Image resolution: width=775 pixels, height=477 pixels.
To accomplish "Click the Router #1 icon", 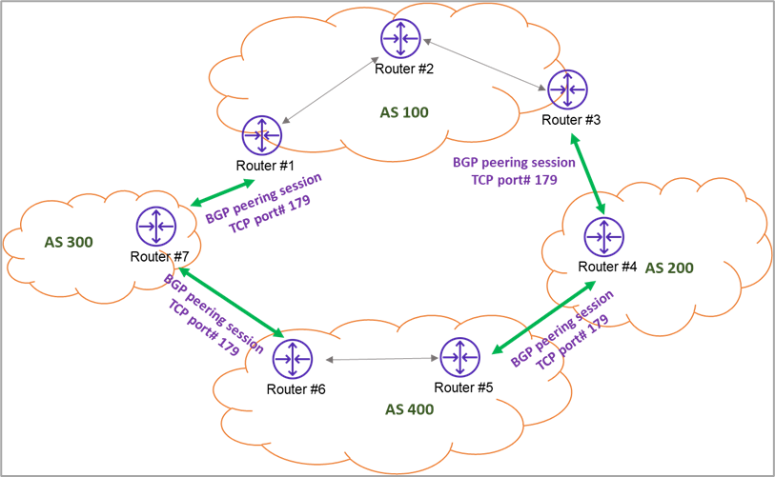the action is tap(262, 135).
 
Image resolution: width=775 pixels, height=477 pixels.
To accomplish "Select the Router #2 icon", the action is tap(400, 38).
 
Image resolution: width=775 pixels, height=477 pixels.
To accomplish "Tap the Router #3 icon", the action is tap(567, 89).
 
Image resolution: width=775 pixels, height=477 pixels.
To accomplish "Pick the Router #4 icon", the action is tap(603, 236).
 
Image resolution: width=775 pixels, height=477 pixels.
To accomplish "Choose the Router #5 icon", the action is tap(459, 357).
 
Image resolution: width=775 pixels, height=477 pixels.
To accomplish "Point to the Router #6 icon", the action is tap(292, 359).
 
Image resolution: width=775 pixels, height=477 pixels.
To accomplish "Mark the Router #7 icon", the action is tap(156, 227).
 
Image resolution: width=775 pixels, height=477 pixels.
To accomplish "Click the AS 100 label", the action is tap(404, 112).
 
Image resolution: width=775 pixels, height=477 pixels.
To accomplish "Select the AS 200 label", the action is tap(669, 268).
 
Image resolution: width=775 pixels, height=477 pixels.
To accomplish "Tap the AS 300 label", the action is tap(69, 242).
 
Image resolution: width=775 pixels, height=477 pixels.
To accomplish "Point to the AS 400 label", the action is tap(409, 409).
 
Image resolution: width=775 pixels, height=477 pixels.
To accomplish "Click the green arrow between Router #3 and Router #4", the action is tap(587, 174).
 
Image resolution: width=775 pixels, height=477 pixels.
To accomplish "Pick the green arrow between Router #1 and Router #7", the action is tap(222, 192).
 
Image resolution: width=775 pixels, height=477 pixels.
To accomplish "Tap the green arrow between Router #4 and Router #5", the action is tap(543, 317).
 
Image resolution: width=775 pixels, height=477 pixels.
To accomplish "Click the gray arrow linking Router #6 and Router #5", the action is tap(382, 359).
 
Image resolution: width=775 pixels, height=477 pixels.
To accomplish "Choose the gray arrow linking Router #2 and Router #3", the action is tap(485, 65).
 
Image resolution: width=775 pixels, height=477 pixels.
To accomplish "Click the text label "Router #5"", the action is tap(463, 388).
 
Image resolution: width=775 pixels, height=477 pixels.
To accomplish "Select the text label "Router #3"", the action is tap(571, 120).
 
